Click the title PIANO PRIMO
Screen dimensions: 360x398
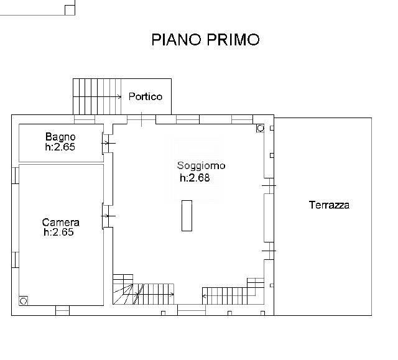[205, 40]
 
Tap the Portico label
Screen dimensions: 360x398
[146, 96]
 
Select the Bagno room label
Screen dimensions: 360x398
[60, 137]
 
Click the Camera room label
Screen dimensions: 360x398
[60, 222]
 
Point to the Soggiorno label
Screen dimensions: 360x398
[201, 166]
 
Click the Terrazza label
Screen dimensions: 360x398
[329, 205]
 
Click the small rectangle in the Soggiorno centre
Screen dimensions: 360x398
[187, 216]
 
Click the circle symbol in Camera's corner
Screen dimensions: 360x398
[24, 300]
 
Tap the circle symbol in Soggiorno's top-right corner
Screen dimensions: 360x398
[260, 128]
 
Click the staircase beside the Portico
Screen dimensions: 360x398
[97, 96]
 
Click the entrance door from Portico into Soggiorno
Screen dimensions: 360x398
[142, 119]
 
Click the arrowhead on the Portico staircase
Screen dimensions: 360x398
[119, 96]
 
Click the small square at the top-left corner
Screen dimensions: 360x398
[70, 9]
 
